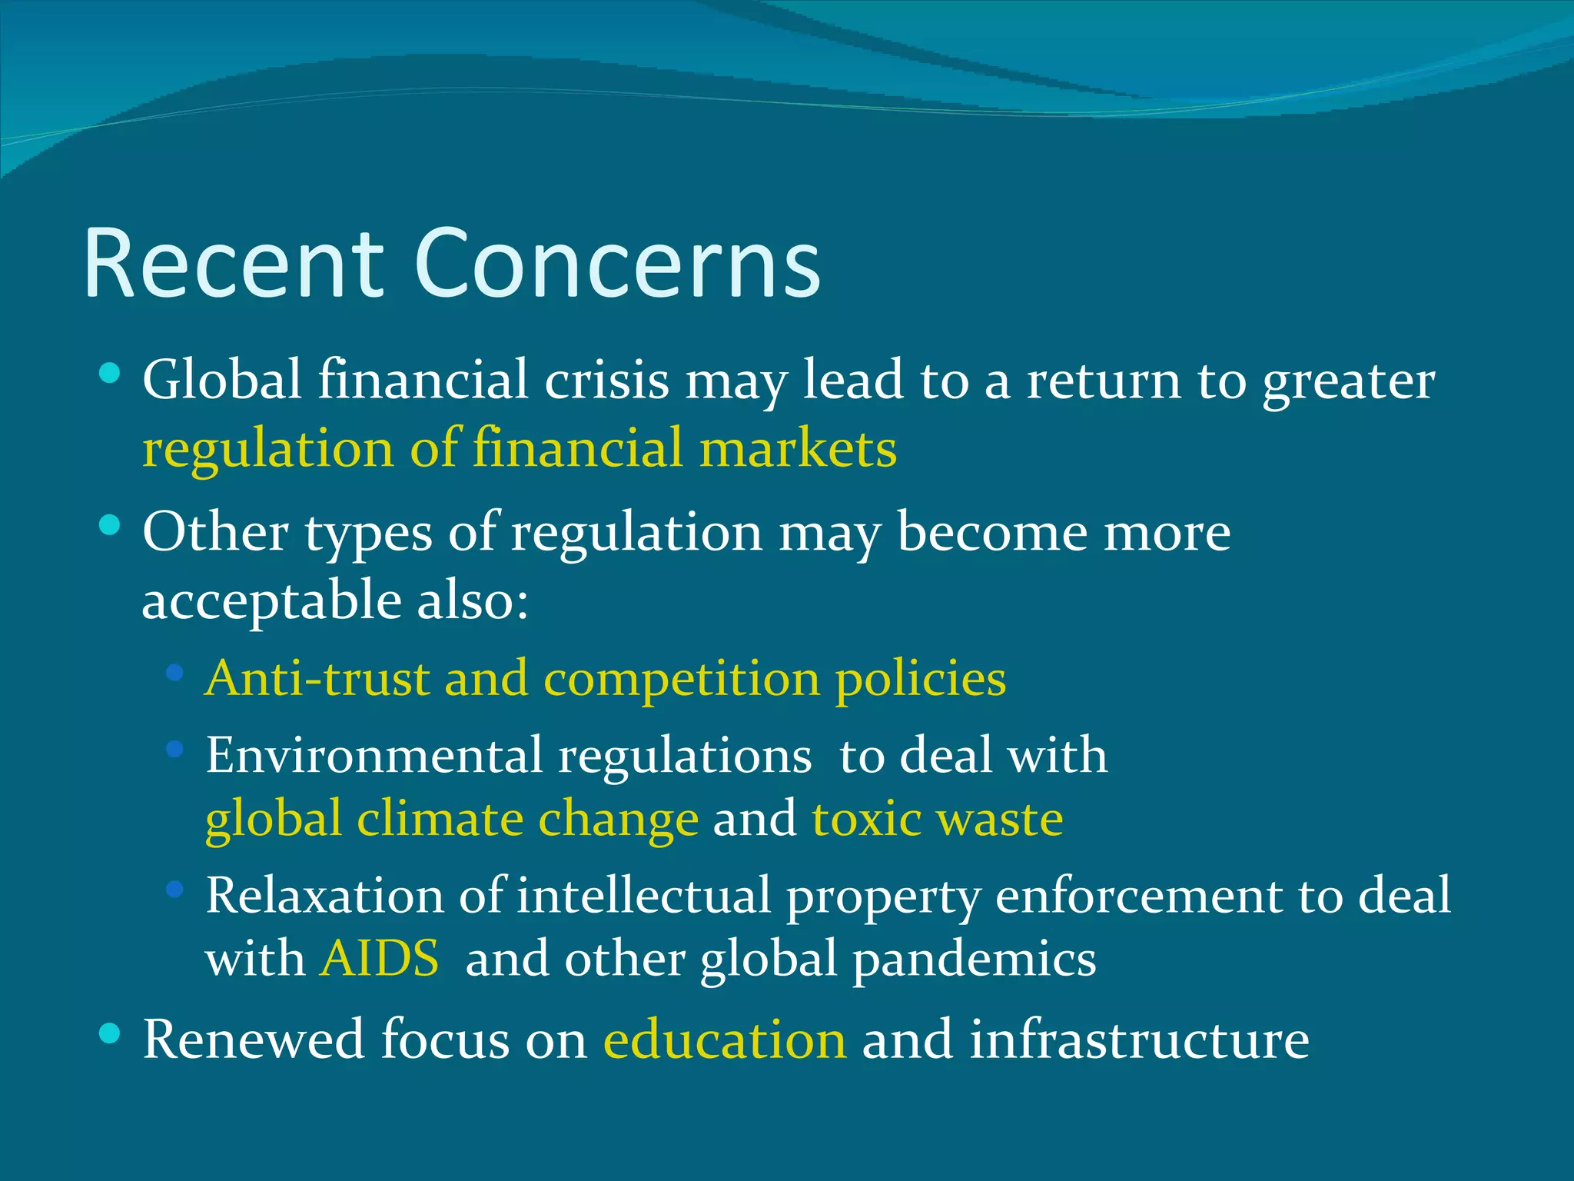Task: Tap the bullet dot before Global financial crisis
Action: pyautogui.click(x=110, y=374)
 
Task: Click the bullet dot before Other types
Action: pyautogui.click(x=110, y=526)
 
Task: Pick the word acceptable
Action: pyautogui.click(x=271, y=601)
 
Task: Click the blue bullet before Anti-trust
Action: pyautogui.click(x=174, y=674)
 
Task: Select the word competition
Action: pyautogui.click(x=681, y=678)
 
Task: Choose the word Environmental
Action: pyautogui.click(x=374, y=755)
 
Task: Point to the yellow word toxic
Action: pyautogui.click(x=866, y=818)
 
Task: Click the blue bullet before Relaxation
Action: pyautogui.click(x=174, y=890)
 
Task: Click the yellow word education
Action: pyautogui.click(x=725, y=1040)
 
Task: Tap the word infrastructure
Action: pyautogui.click(x=1139, y=1040)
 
